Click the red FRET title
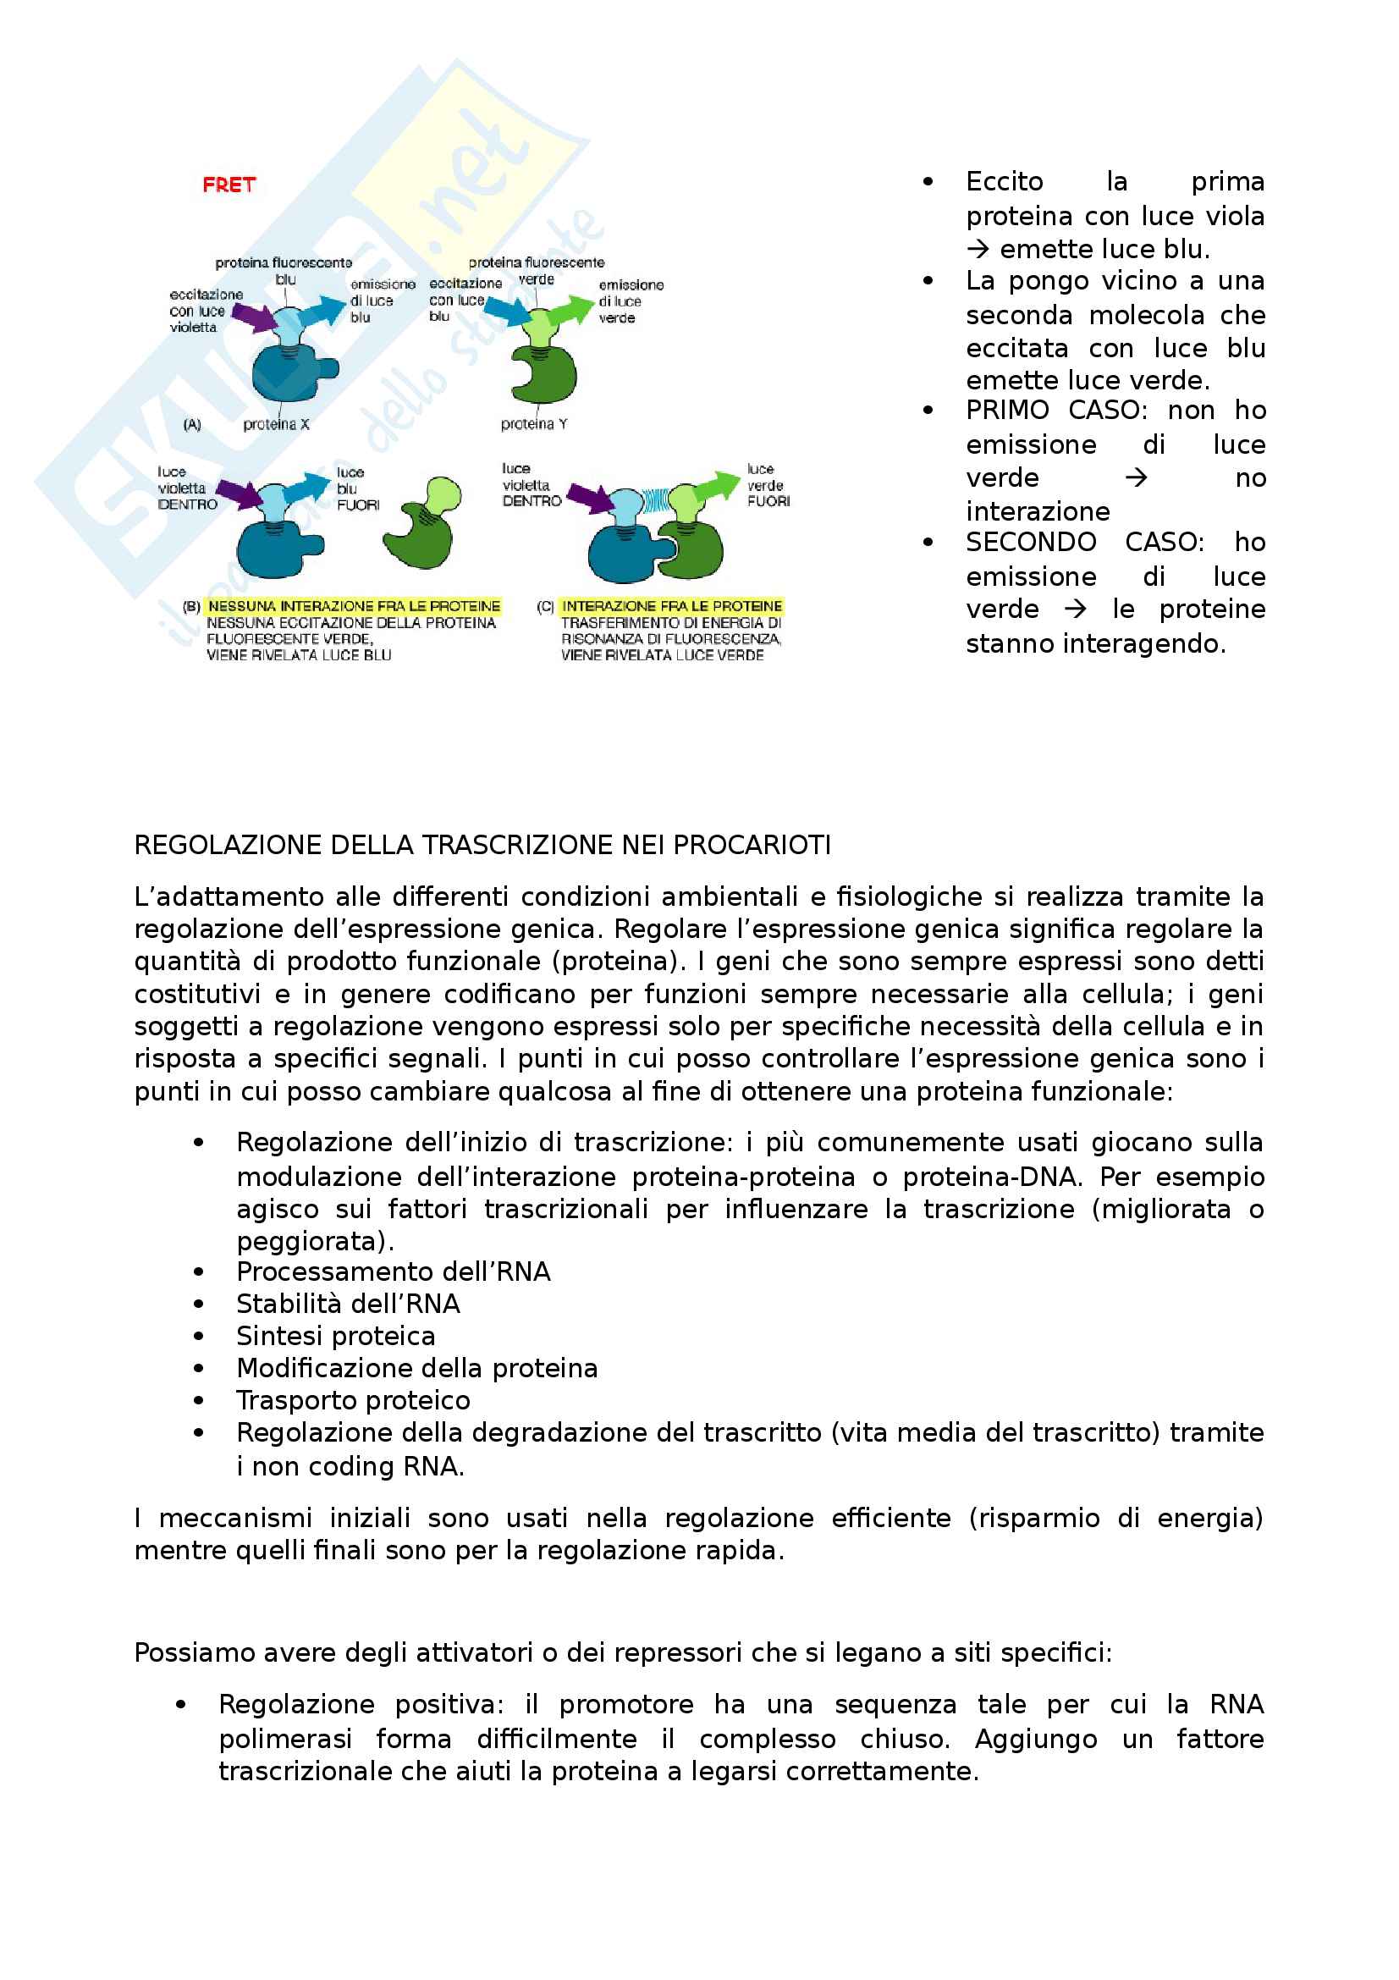(229, 185)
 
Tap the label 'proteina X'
(276, 424)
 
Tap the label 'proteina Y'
(533, 423)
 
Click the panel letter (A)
(192, 424)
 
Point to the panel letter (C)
(545, 606)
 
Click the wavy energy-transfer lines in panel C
(657, 499)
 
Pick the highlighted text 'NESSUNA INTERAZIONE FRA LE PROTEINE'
(354, 606)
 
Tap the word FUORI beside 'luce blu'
(358, 505)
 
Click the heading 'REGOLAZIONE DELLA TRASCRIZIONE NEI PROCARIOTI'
(482, 845)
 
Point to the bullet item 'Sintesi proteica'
(335, 1336)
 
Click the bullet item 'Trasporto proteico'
(354, 1400)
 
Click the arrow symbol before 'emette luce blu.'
(978, 250)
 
